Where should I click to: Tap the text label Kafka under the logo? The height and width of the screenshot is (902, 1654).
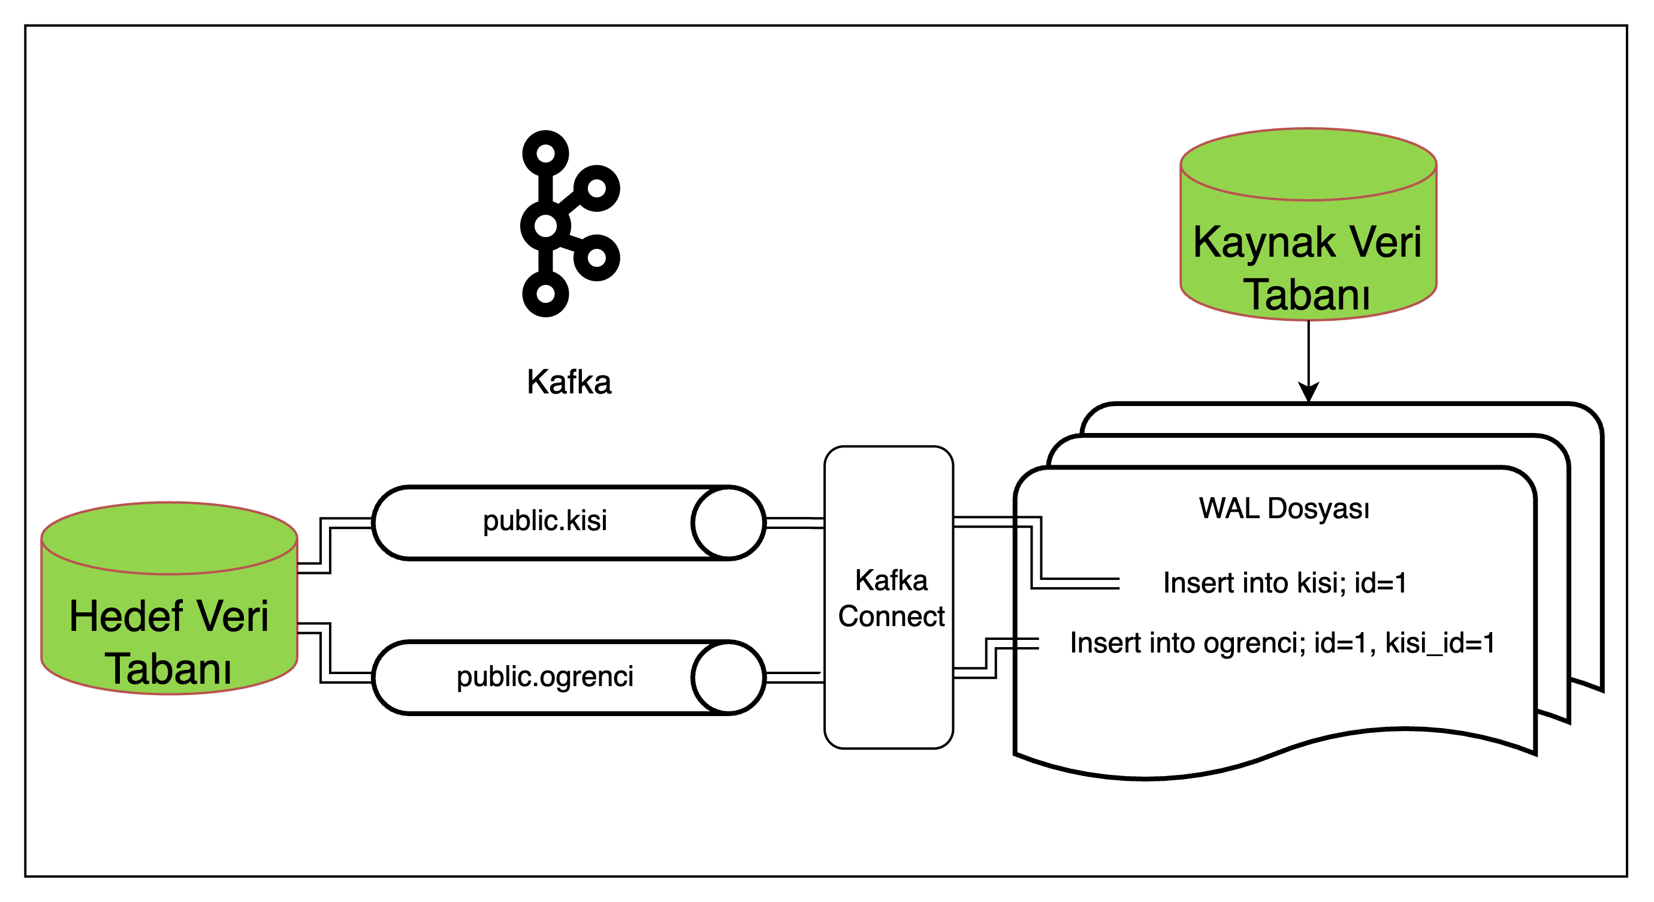tap(569, 381)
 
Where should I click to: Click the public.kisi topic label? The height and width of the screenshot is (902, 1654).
tap(545, 521)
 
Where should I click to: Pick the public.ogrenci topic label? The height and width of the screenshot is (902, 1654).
tap(545, 676)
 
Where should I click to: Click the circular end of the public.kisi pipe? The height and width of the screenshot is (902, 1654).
tap(728, 523)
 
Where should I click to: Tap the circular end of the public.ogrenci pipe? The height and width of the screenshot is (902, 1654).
tap(728, 677)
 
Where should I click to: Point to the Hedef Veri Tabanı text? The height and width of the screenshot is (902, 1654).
tap(169, 642)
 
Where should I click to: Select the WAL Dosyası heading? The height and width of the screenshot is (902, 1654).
tap(1284, 508)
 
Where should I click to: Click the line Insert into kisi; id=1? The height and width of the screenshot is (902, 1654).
tap(1285, 583)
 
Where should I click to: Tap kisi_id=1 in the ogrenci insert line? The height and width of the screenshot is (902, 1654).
tap(1439, 642)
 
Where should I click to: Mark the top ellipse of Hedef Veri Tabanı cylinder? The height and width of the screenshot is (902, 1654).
tap(169, 539)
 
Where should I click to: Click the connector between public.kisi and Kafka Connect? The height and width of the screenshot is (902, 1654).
tap(795, 523)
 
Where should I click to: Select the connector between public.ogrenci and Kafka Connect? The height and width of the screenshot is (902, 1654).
tap(795, 677)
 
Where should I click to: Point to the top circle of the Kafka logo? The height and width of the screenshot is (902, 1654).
tap(546, 154)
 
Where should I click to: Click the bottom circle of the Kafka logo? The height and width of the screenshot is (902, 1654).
tap(546, 294)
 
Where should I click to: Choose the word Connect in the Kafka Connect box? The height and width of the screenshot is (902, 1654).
tap(891, 617)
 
